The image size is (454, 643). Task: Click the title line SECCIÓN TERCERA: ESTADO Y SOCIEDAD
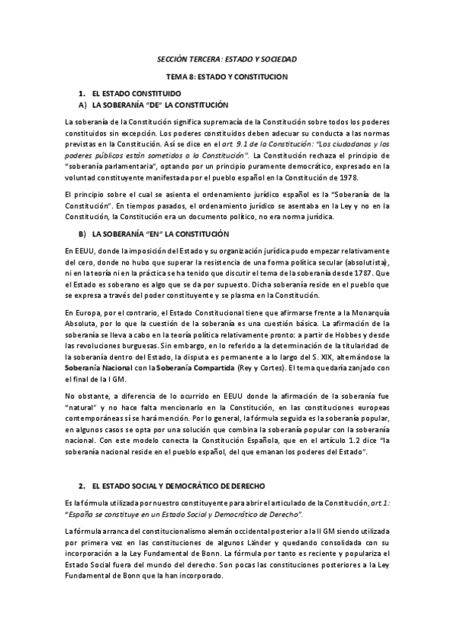coord(227,58)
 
